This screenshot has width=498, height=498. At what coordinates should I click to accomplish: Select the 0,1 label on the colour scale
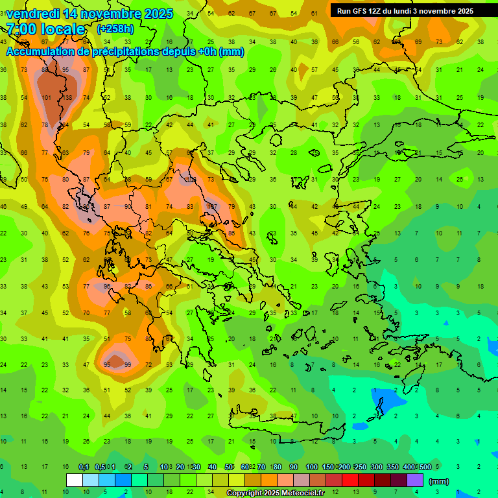[84, 467]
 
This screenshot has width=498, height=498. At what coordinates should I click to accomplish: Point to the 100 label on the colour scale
[311, 467]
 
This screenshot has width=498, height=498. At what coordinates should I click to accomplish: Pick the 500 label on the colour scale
[425, 467]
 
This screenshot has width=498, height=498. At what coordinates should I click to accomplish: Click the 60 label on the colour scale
[245, 467]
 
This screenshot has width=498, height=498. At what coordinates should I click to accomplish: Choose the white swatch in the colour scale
[74, 480]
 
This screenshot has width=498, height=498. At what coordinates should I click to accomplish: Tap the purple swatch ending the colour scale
[415, 480]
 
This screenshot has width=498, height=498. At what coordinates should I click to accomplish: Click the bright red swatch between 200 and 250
[350, 480]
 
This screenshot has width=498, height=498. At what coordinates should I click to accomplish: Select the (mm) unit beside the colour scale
[438, 481]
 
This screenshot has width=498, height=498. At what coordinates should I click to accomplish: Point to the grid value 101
[46, 98]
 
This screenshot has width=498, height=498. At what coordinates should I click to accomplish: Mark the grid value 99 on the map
[128, 365]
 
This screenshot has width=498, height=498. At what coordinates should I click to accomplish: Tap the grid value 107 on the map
[211, 207]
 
